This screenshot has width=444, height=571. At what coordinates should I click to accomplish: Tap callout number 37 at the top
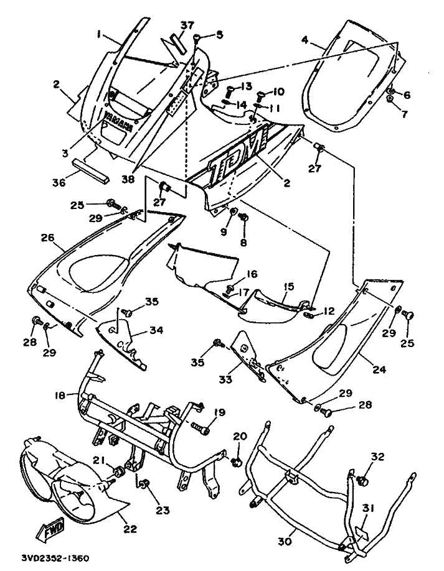coord(187,25)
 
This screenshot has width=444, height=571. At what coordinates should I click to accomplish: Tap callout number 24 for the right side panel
coord(378,369)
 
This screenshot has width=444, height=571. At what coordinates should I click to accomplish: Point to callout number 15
coord(288,287)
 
